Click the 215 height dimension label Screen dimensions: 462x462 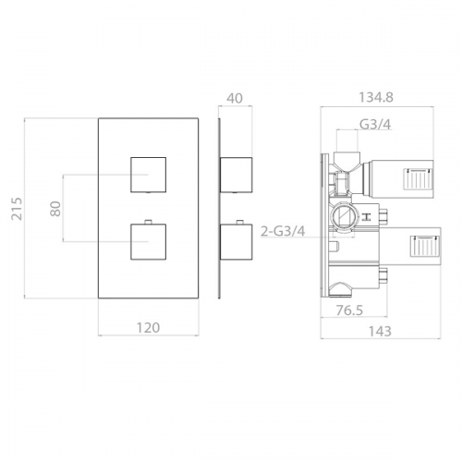tap(17, 209)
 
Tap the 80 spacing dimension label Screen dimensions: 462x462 tap(55, 209)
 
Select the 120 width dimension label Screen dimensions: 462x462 tap(148, 328)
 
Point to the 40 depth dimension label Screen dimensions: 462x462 tap(235, 98)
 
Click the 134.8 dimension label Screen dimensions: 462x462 tap(376, 98)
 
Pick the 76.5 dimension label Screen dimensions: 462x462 tap(349, 310)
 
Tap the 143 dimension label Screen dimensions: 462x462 tap(380, 332)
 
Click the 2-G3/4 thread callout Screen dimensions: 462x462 tap(283, 231)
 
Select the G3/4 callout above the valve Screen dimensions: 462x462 tap(375, 125)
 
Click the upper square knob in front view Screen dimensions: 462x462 tap(149, 175)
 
